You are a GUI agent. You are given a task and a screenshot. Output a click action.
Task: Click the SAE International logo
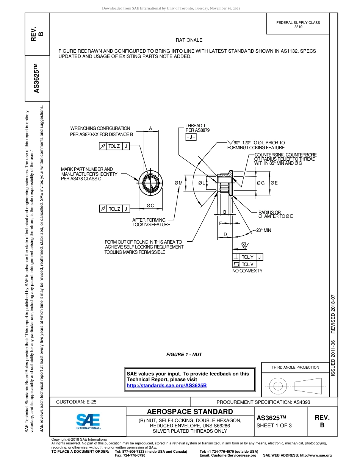click(88, 421)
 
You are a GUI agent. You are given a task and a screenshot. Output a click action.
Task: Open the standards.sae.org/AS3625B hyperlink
click(166, 385)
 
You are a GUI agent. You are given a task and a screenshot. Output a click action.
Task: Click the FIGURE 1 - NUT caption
click(184, 355)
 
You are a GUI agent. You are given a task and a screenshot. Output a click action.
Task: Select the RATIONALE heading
click(189, 40)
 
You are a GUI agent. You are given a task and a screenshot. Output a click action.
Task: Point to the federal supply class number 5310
click(298, 27)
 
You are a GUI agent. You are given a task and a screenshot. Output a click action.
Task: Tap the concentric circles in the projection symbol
click(279, 386)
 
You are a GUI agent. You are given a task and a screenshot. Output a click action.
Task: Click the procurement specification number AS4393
click(302, 402)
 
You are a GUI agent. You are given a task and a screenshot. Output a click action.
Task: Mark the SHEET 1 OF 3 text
click(274, 425)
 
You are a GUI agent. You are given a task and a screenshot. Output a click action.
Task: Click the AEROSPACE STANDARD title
click(190, 412)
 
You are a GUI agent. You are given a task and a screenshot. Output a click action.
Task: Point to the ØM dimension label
click(178, 183)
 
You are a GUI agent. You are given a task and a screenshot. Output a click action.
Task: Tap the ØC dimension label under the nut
click(150, 206)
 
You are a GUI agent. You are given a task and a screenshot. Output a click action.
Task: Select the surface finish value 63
click(244, 244)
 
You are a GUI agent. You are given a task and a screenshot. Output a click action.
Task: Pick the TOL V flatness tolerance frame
click(244, 264)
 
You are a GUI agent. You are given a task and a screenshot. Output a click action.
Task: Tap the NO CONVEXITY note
click(247, 271)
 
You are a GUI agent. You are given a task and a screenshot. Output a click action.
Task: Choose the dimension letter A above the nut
click(150, 128)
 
